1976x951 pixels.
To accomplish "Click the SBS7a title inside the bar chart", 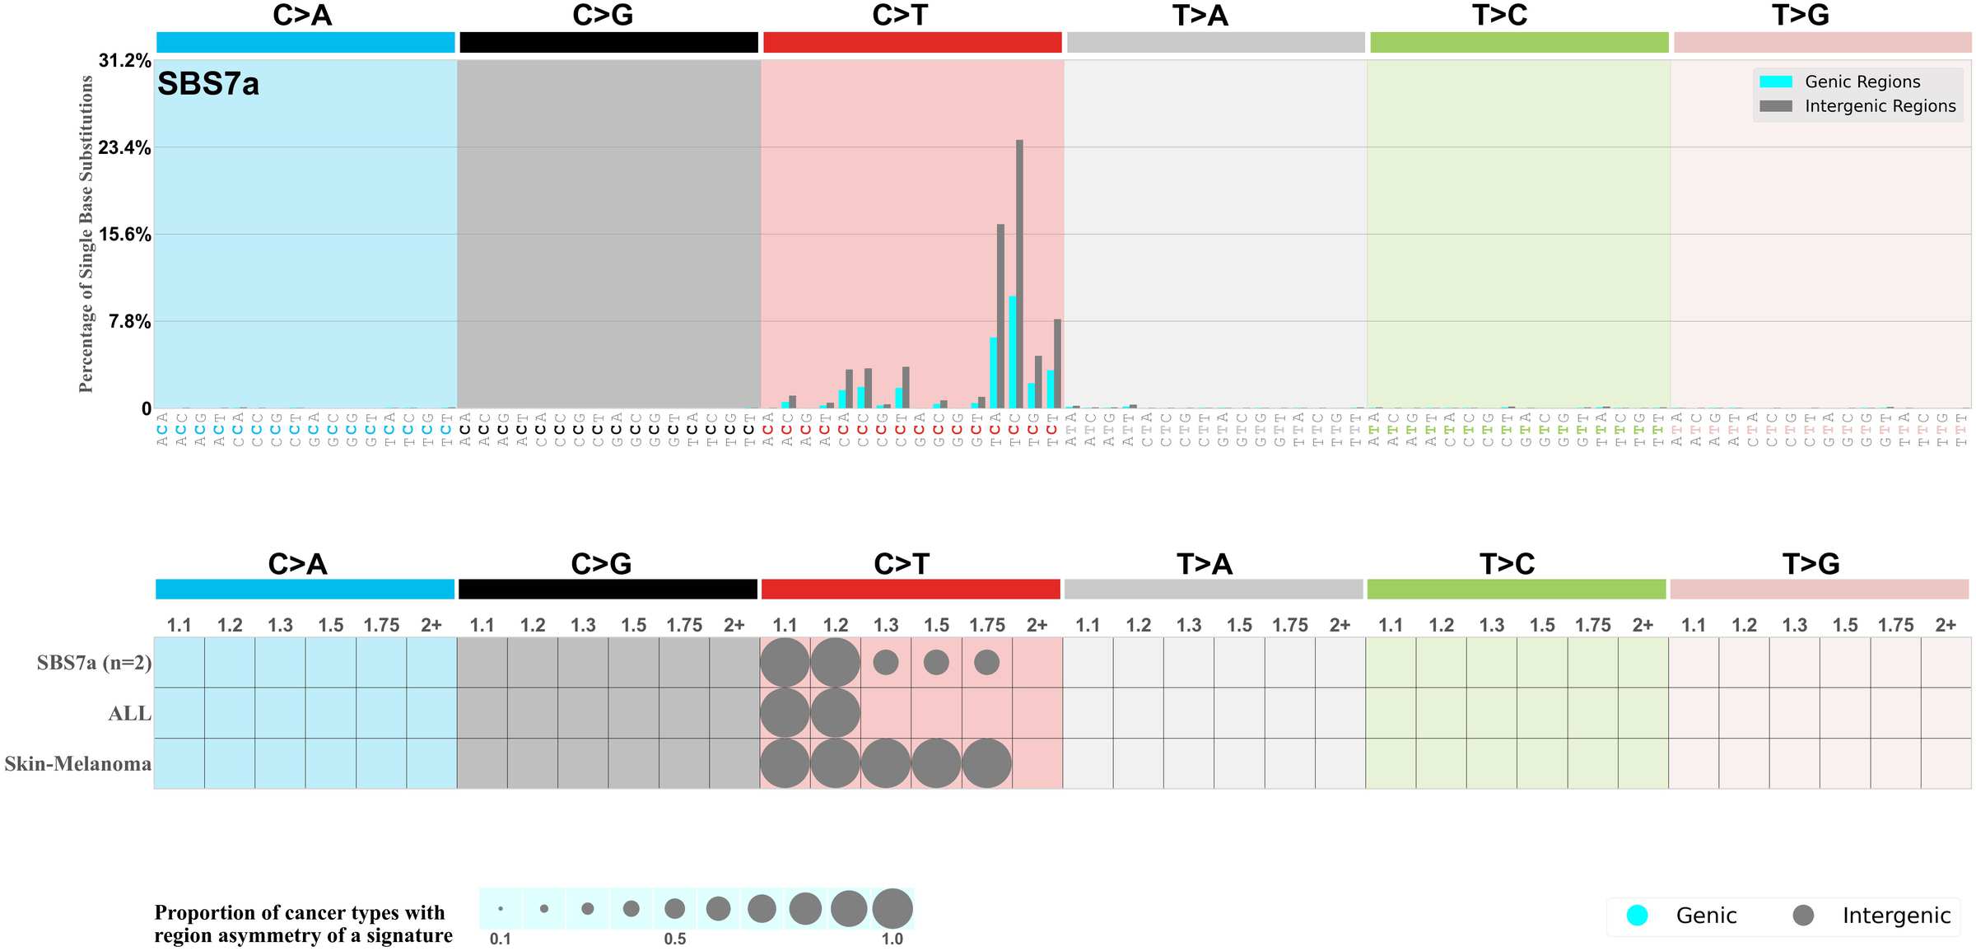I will coord(208,84).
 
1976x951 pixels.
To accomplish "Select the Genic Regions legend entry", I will coord(1862,82).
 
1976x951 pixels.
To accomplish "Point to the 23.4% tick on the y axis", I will coord(124,148).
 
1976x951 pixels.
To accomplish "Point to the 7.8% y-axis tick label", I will coord(129,322).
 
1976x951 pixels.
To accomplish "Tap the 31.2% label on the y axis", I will coord(124,61).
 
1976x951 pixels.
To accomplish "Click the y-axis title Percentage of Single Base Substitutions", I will coord(86,234).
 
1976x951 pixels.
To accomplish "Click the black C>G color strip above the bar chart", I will coord(608,43).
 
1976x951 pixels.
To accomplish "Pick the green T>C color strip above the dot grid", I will coord(1516,590).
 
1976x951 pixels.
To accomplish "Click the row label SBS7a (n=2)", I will coord(94,663).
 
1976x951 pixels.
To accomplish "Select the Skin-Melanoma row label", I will coord(78,764).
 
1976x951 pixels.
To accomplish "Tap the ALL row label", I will coord(130,714).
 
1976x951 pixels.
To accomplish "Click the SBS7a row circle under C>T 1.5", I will coord(936,662).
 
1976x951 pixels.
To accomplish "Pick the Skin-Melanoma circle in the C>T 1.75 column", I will coord(986,763).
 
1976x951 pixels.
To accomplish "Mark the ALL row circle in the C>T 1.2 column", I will coord(835,713).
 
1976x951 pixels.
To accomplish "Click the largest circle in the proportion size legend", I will coord(892,909).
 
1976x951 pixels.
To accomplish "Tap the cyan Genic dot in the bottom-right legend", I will coord(1638,916).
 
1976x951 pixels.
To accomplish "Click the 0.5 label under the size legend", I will coord(674,939).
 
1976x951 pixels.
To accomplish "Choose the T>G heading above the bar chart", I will coord(1801,16).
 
